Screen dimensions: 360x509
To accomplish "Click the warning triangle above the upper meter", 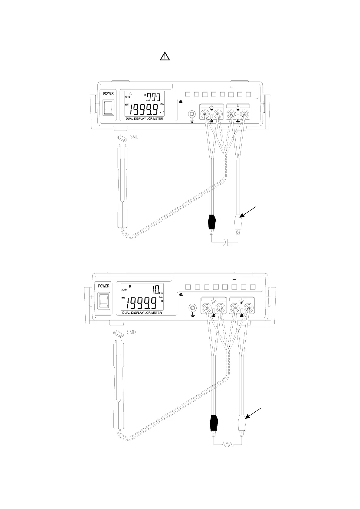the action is tap(165, 56).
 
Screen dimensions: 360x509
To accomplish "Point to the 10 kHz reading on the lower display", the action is tap(156, 291).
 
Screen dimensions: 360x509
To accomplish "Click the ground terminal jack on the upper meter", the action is tap(191, 114).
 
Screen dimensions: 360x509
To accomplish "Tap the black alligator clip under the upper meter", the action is tap(212, 222).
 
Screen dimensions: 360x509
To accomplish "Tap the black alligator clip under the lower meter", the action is tap(214, 422).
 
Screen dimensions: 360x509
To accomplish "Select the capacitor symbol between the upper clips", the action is tap(226, 242).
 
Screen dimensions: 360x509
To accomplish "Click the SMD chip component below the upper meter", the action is tap(123, 138).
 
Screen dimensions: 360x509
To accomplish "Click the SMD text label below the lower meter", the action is tap(131, 332).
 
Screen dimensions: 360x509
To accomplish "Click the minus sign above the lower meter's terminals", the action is tap(214, 303).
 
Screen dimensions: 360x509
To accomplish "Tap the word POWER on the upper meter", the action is tap(108, 94).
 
